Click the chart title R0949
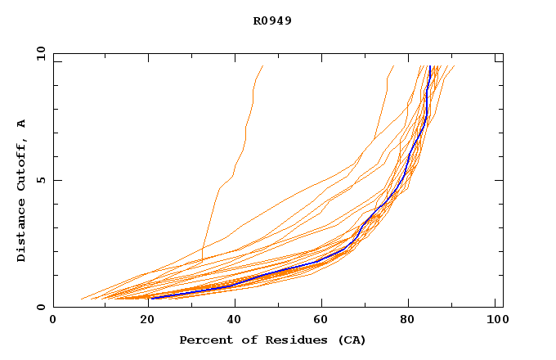click(272, 20)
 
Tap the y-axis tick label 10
click(39, 53)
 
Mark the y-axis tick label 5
click(43, 180)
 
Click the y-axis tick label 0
click(43, 307)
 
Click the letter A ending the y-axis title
click(22, 124)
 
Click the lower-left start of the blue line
click(152, 298)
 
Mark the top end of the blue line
click(430, 66)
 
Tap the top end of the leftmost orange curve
click(262, 66)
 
